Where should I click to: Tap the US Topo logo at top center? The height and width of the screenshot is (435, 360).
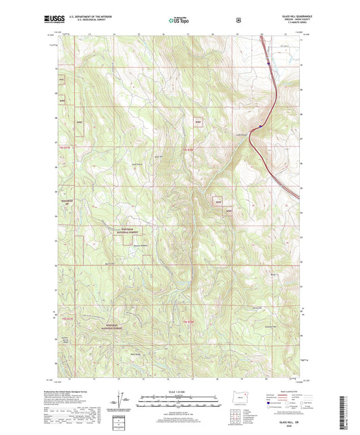click(179, 21)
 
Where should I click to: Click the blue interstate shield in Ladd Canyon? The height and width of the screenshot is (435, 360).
click(261, 126)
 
